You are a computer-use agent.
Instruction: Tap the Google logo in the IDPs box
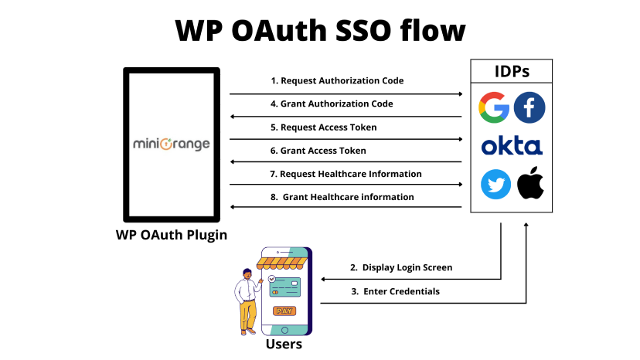(x=494, y=107)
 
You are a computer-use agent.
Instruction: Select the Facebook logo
(x=529, y=107)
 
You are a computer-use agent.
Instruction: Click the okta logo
(x=512, y=146)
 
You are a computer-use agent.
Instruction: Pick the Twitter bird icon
(x=495, y=185)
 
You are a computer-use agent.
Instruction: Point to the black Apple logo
(x=530, y=185)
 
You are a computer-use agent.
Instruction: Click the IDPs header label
(x=512, y=72)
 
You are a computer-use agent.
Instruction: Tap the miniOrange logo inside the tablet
(x=172, y=144)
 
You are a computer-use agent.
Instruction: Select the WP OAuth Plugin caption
(x=172, y=235)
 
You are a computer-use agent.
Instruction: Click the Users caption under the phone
(x=284, y=344)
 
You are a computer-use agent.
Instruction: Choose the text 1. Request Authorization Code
(x=336, y=80)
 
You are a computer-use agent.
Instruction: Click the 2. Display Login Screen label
(x=400, y=267)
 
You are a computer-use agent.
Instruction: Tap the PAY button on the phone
(x=284, y=311)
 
